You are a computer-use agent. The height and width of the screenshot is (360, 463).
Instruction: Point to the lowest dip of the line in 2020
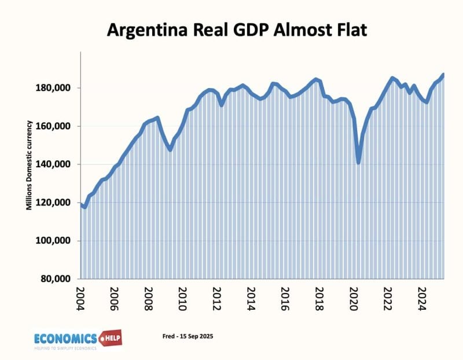(359, 163)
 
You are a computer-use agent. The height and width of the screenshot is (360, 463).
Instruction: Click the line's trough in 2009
(170, 149)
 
